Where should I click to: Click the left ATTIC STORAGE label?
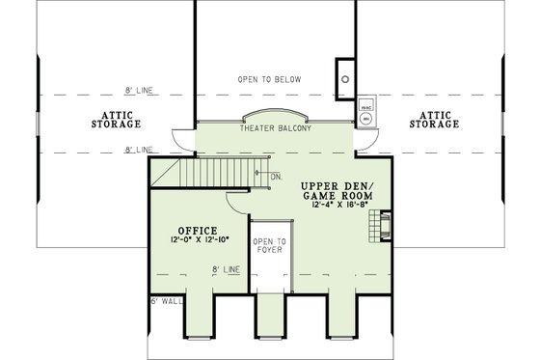pos(117,120)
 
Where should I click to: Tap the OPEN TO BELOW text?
pos(269,78)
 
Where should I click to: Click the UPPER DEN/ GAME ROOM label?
pos(336,190)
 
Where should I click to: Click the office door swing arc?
pos(236,201)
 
